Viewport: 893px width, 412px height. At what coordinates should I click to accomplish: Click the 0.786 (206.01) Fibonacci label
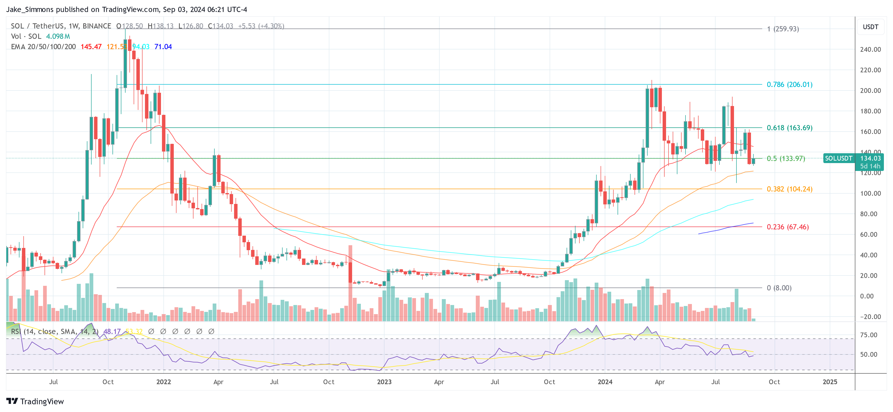[x=789, y=85]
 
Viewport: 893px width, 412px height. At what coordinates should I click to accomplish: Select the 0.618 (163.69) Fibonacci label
[x=789, y=128]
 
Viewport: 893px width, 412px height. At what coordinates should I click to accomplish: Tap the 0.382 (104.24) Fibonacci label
[x=789, y=189]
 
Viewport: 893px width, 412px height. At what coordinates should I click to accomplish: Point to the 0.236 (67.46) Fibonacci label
[x=788, y=227]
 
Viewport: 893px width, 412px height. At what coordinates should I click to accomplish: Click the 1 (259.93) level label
[x=783, y=29]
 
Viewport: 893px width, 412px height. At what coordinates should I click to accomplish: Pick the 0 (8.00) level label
[x=779, y=288]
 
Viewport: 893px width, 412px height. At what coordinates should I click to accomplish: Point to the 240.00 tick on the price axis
[x=870, y=49]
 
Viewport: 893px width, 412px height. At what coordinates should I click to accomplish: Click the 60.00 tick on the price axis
[x=868, y=235]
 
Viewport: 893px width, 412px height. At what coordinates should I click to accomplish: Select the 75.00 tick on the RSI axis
[x=868, y=335]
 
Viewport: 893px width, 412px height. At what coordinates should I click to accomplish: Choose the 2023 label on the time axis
[x=384, y=382]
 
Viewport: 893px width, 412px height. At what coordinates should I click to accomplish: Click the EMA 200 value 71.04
[x=163, y=47]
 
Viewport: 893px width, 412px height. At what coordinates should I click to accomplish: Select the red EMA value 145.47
[x=91, y=47]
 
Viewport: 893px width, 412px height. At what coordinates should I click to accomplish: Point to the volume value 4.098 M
[x=58, y=36]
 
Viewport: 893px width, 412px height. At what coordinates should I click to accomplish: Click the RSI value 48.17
[x=112, y=332]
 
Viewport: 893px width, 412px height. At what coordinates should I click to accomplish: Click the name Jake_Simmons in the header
[x=30, y=9]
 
